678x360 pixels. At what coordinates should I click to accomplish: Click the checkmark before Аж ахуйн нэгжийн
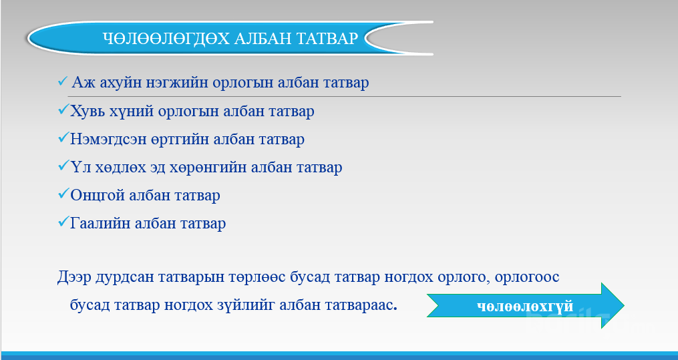[63, 81]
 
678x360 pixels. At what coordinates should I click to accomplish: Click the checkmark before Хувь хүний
[63, 110]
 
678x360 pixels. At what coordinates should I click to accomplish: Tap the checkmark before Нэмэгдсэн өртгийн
[63, 138]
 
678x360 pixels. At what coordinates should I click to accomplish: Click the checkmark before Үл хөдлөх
[63, 166]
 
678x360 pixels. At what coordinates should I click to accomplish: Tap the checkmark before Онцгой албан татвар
[63, 194]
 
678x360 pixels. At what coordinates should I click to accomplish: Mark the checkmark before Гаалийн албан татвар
[63, 222]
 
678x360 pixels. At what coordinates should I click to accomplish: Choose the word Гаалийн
[100, 224]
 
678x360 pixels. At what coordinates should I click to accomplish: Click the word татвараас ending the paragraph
[337, 305]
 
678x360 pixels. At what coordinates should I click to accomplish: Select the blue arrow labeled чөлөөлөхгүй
[525, 305]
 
